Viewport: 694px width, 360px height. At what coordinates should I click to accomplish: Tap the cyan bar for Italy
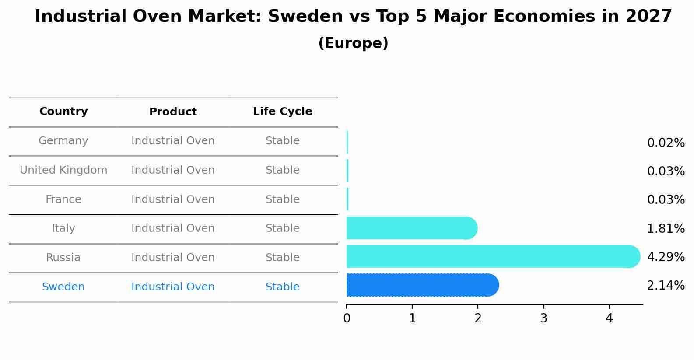pos(411,228)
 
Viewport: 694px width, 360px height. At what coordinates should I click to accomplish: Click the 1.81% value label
pos(665,228)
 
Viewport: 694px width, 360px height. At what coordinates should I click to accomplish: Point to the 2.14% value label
pos(665,286)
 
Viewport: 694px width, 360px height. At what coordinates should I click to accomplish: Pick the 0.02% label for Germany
pos(665,143)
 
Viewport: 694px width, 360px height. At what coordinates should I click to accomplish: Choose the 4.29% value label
pos(665,257)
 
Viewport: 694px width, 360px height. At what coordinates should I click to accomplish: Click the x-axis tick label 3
pos(543,318)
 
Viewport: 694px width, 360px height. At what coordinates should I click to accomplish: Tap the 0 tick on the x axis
pos(347,318)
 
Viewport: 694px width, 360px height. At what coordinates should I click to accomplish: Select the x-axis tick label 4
pos(609,318)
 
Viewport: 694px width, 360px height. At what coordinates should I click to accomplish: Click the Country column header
pos(63,112)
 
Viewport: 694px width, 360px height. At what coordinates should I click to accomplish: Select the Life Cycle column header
pos(282,112)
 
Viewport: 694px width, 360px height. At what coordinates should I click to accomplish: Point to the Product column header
pos(173,112)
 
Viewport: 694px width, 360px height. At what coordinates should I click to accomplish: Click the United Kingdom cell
pos(63,170)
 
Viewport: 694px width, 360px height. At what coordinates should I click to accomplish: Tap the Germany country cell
pos(63,141)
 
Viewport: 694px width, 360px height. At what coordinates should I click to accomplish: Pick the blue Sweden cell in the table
pos(63,287)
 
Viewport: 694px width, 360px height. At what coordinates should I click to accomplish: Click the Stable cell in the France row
pos(282,199)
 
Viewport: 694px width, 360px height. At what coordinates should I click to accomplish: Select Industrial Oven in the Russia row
pos(173,258)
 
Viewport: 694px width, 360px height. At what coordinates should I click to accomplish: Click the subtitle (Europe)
pos(353,43)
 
